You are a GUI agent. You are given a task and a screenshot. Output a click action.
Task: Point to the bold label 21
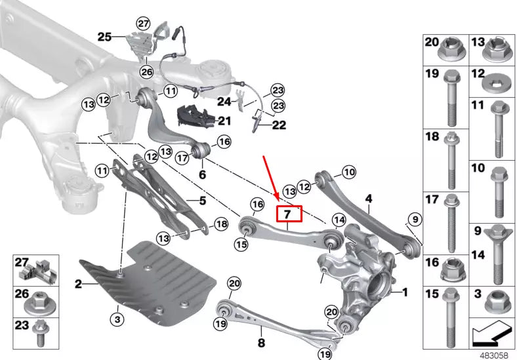225,121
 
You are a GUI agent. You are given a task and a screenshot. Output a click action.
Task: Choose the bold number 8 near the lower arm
260,342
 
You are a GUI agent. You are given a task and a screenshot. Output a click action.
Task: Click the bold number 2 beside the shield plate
77,284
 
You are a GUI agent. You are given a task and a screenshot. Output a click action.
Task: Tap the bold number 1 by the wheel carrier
404,292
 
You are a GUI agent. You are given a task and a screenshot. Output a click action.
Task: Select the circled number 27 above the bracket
143,24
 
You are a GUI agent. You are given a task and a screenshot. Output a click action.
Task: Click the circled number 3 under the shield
116,319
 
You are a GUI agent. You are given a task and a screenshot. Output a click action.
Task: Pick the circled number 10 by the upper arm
348,172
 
